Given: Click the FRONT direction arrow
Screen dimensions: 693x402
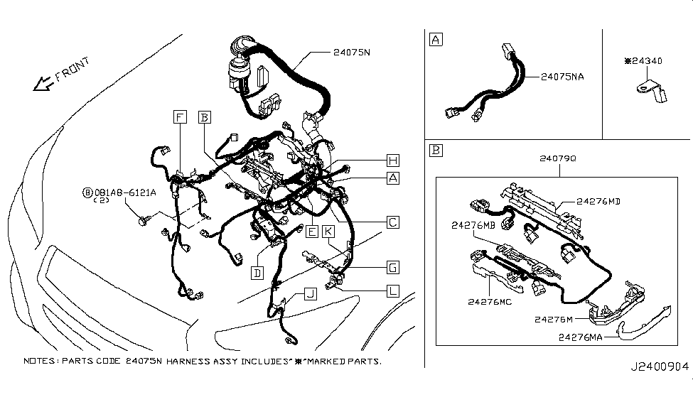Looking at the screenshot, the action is pos(43,84).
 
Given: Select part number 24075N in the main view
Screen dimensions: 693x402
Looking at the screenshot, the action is pos(351,52).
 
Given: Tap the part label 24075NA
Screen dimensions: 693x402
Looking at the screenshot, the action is pos(562,77).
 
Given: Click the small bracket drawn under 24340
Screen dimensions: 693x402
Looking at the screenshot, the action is pos(652,91).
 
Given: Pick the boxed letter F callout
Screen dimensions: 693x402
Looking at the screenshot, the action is pos(180,117).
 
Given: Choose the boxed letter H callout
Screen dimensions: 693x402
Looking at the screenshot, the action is pos(392,161).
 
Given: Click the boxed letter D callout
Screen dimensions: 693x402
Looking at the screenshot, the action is pos(257,273).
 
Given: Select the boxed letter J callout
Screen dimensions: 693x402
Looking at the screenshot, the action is pos(311,294).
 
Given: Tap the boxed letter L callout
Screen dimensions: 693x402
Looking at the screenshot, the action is pos(392,291).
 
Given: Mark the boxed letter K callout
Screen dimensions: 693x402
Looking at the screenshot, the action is pos(328,232).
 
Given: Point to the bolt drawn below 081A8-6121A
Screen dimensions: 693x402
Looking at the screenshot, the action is pos(144,220).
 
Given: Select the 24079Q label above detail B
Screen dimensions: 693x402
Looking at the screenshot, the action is pos(558,158).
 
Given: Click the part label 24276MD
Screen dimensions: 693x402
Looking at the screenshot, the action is pos(598,202).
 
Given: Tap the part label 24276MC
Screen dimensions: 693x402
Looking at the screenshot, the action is pos(490,302).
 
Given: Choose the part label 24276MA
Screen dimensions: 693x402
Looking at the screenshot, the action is pos(580,337).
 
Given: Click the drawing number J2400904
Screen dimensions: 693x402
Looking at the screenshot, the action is pos(660,366).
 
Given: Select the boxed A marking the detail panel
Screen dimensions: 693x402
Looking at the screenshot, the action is pos(436,40).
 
